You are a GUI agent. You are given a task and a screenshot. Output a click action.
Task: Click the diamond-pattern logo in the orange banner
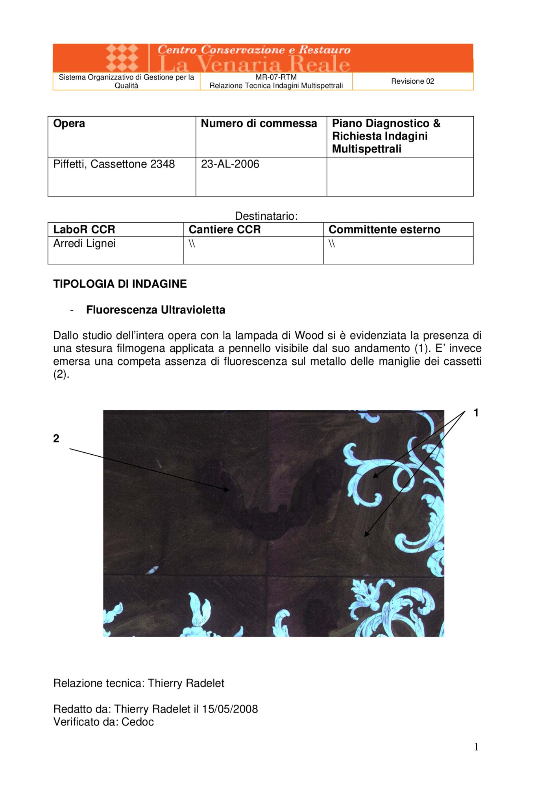pyautogui.click(x=122, y=58)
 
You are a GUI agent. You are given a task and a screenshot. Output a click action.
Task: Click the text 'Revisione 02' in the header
pyautogui.click(x=412, y=81)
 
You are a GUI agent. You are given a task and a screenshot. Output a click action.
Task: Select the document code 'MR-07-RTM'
pyautogui.click(x=276, y=77)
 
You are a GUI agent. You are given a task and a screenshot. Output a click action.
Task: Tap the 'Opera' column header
pyautogui.click(x=69, y=123)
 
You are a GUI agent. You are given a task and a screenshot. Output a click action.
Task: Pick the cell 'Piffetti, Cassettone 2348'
pyautogui.click(x=114, y=164)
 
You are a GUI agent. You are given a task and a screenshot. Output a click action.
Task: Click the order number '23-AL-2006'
pyautogui.click(x=230, y=164)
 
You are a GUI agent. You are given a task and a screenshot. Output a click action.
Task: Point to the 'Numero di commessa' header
pyautogui.click(x=259, y=123)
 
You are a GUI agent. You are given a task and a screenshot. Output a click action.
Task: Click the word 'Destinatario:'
pyautogui.click(x=266, y=216)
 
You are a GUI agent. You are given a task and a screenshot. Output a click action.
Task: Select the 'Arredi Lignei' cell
pyautogui.click(x=85, y=243)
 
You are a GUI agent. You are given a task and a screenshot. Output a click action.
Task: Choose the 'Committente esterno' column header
pyautogui.click(x=384, y=230)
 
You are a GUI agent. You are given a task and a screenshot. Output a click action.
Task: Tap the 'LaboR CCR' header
pyautogui.click(x=84, y=230)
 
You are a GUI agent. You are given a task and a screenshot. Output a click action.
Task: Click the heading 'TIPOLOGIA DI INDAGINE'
pyautogui.click(x=120, y=284)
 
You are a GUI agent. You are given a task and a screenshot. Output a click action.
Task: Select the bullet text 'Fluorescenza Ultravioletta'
pyautogui.click(x=155, y=310)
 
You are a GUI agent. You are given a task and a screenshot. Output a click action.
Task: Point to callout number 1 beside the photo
pyautogui.click(x=476, y=413)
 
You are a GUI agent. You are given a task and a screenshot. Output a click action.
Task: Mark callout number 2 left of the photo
pyautogui.click(x=56, y=438)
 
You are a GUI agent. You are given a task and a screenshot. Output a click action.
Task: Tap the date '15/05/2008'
pyautogui.click(x=230, y=709)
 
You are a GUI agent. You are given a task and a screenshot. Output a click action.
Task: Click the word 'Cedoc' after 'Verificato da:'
pyautogui.click(x=137, y=722)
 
